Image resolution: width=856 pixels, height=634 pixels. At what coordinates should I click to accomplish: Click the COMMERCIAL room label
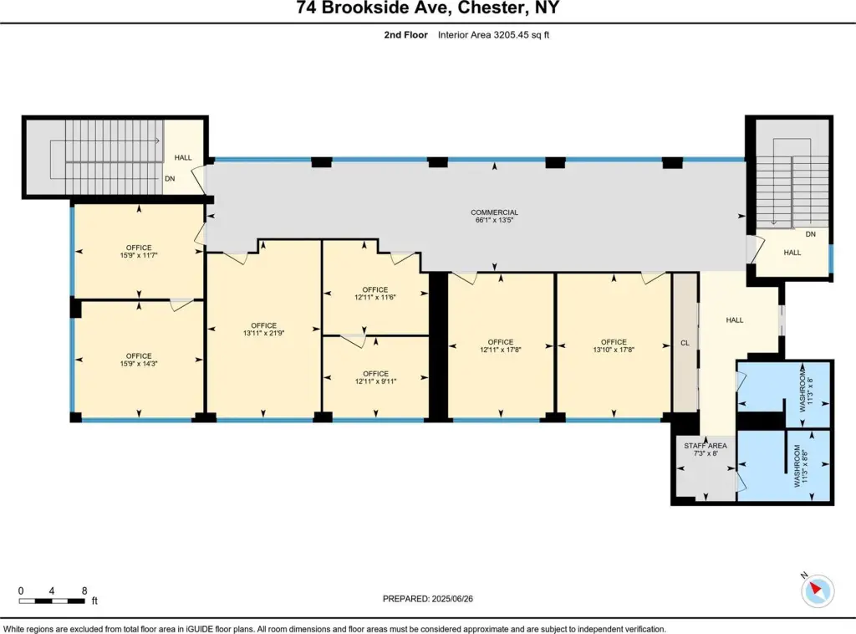(494, 212)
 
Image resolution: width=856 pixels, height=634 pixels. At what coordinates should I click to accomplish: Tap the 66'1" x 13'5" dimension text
(494, 220)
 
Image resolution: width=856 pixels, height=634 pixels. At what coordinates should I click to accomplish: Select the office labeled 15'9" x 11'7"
(139, 251)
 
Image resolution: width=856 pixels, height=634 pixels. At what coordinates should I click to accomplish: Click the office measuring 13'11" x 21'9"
(263, 330)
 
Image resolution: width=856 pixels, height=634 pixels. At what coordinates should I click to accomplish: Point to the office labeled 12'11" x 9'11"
(375, 377)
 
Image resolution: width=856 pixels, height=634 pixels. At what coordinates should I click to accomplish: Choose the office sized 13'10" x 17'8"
(614, 345)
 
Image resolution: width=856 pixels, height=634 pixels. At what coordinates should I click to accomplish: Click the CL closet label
(685, 343)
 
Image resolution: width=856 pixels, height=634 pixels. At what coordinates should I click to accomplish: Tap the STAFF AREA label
(706, 446)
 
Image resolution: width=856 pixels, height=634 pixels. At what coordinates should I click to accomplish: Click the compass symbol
(818, 591)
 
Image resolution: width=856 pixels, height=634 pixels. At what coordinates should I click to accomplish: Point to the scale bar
(52, 601)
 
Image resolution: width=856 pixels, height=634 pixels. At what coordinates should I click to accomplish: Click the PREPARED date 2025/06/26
(427, 599)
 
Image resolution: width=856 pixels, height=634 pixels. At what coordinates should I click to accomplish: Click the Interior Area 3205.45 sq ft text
(493, 35)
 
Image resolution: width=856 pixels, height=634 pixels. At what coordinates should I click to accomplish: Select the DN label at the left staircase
(170, 178)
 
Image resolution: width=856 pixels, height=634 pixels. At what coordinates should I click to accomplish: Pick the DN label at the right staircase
(811, 233)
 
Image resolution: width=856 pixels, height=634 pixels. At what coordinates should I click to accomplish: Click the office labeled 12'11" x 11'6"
(375, 294)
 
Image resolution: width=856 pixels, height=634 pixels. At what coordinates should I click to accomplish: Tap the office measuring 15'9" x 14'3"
(139, 360)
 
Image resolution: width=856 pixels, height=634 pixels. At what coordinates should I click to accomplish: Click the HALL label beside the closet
(735, 320)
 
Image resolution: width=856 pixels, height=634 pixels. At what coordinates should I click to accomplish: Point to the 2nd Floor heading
(405, 35)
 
